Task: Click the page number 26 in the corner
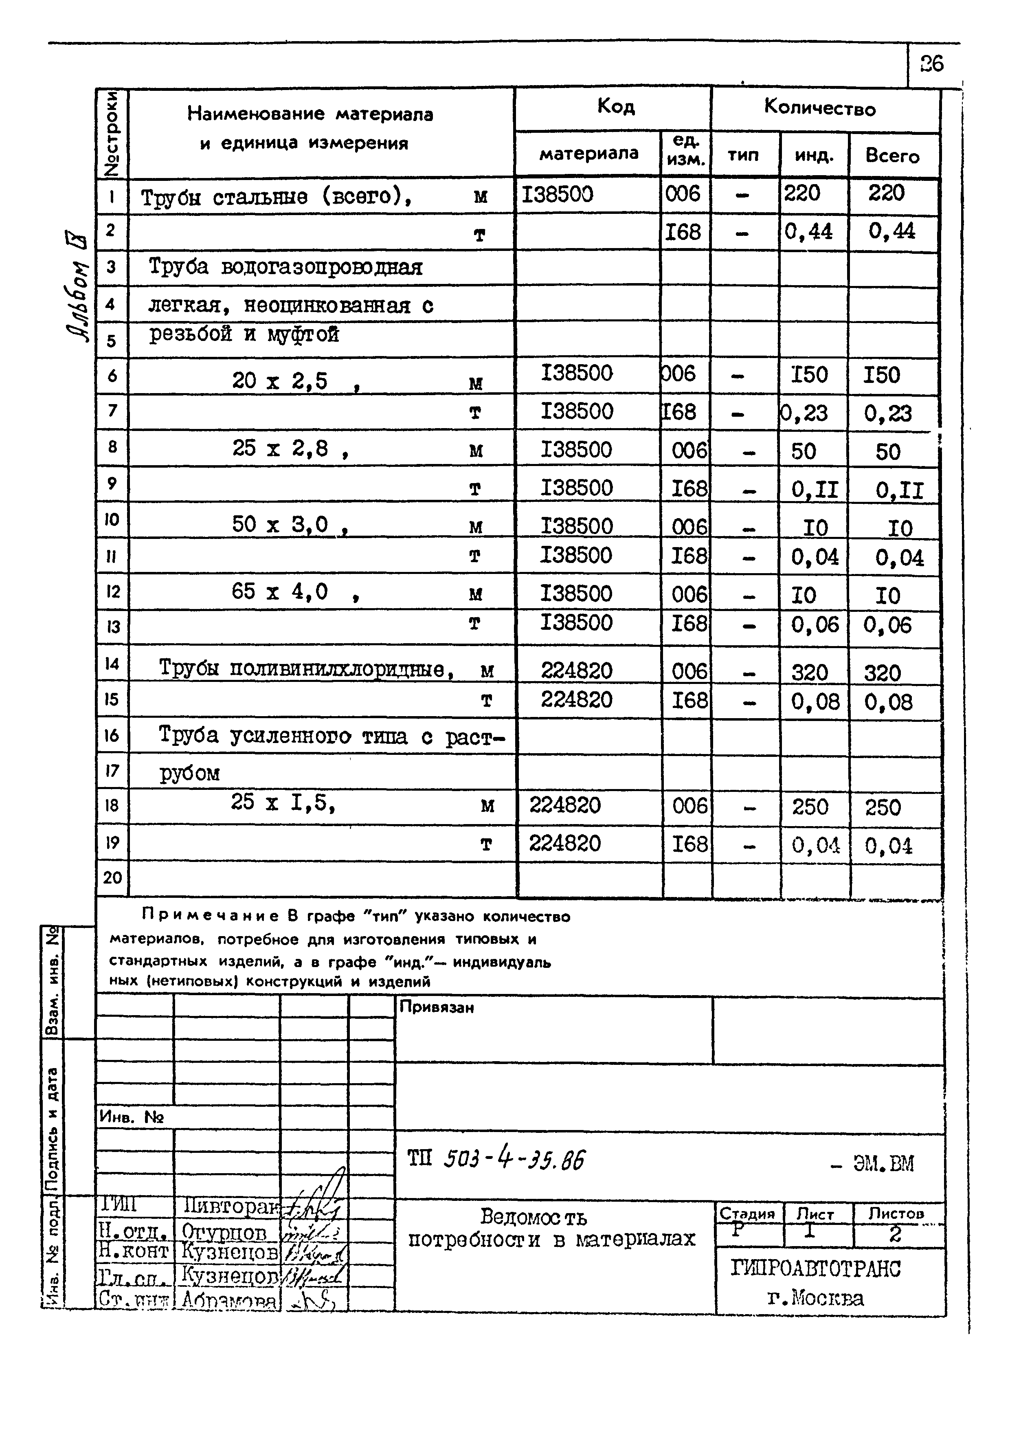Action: click(x=931, y=64)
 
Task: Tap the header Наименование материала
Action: click(x=310, y=114)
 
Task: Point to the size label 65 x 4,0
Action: click(x=280, y=591)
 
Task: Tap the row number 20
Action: click(x=112, y=877)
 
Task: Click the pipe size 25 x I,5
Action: click(x=283, y=803)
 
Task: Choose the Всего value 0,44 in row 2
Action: click(x=892, y=231)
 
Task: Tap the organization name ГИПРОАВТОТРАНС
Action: click(x=815, y=1269)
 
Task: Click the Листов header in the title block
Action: click(x=896, y=1213)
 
